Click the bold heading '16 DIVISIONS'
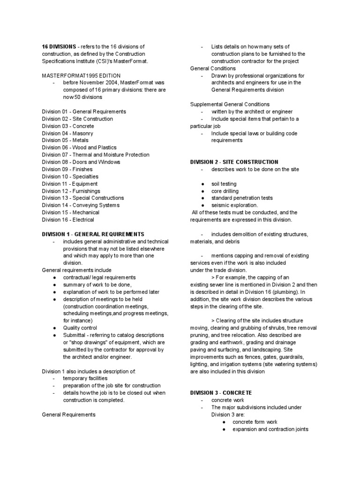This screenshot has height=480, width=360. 59,46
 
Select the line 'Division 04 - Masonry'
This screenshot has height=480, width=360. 67,133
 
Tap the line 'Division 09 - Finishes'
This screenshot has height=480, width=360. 67,169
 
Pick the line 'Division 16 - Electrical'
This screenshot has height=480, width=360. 68,219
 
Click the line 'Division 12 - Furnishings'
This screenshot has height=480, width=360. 71,191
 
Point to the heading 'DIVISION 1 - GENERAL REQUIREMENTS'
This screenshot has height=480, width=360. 93,234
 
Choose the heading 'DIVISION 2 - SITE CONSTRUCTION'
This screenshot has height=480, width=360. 234,162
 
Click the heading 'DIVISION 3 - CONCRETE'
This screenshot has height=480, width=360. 221,392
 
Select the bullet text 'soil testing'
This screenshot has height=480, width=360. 224,184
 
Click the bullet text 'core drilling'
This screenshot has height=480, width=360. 225,191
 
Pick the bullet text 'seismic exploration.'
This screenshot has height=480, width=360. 234,205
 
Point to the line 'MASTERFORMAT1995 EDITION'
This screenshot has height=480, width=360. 81,75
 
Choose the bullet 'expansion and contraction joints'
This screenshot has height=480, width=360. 270,429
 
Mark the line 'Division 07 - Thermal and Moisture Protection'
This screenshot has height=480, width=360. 96,155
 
